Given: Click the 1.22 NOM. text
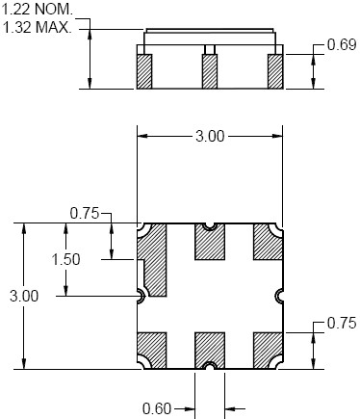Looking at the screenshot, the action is click(x=38, y=10).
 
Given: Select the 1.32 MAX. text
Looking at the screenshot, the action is click(x=37, y=27).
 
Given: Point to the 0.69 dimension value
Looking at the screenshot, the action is click(x=342, y=44).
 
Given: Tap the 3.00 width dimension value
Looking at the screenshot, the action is click(x=210, y=137).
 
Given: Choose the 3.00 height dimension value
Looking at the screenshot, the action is click(x=24, y=296).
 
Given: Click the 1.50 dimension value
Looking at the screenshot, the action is click(x=65, y=259).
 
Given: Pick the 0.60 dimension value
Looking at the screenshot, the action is click(x=157, y=408).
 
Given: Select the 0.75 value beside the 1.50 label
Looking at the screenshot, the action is click(x=85, y=214).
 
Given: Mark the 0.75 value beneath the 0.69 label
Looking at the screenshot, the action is click(x=342, y=323).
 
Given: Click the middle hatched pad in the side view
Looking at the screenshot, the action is click(x=210, y=71).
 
